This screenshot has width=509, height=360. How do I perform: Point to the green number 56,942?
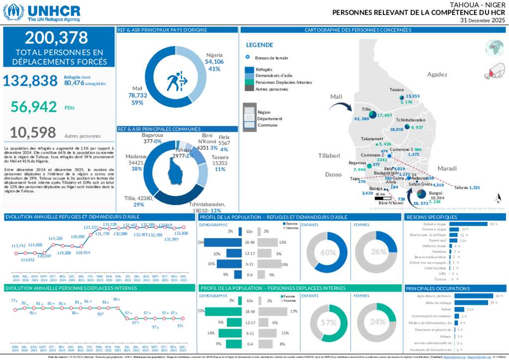(34, 106)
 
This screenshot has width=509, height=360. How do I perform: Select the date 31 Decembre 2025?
(482, 21)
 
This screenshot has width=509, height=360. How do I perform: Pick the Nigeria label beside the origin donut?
(214, 55)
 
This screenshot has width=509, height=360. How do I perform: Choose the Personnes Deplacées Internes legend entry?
(283, 82)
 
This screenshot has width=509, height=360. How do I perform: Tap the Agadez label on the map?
(437, 75)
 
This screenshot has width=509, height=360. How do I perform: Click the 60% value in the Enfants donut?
(328, 252)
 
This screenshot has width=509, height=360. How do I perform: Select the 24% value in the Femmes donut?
(378, 322)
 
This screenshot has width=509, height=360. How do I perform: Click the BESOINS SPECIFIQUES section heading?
(432, 217)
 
